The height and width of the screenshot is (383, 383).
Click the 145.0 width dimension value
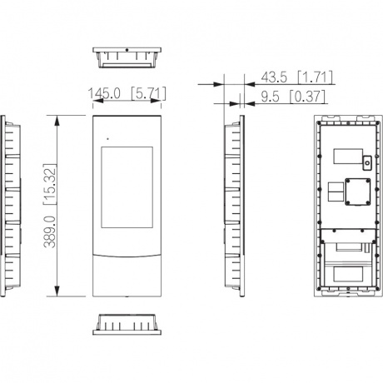[x=104, y=93]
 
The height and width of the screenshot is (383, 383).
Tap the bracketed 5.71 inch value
[x=148, y=93]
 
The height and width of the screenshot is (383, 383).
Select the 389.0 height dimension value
[x=51, y=232]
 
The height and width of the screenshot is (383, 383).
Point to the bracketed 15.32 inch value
[x=50, y=184]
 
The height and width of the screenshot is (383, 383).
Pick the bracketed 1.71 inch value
[x=315, y=77]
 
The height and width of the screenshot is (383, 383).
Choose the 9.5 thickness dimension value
[x=270, y=97]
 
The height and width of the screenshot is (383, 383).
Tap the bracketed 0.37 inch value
[x=307, y=97]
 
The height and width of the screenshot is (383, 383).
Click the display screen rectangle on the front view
[x=127, y=187]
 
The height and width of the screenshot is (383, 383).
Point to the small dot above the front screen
[x=108, y=139]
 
